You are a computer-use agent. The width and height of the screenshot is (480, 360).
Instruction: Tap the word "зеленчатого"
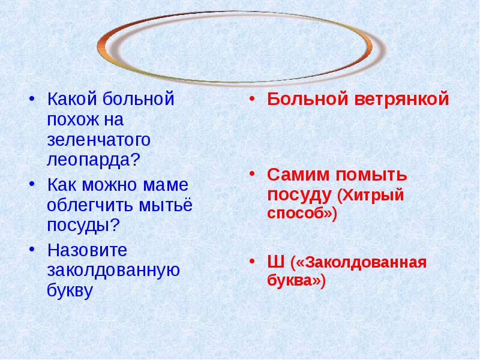[x=98, y=140]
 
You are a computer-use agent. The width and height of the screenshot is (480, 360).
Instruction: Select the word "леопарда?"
[x=93, y=160]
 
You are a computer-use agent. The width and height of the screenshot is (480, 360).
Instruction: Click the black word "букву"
[x=70, y=290]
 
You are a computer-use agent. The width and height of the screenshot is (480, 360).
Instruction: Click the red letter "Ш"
[x=275, y=262]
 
